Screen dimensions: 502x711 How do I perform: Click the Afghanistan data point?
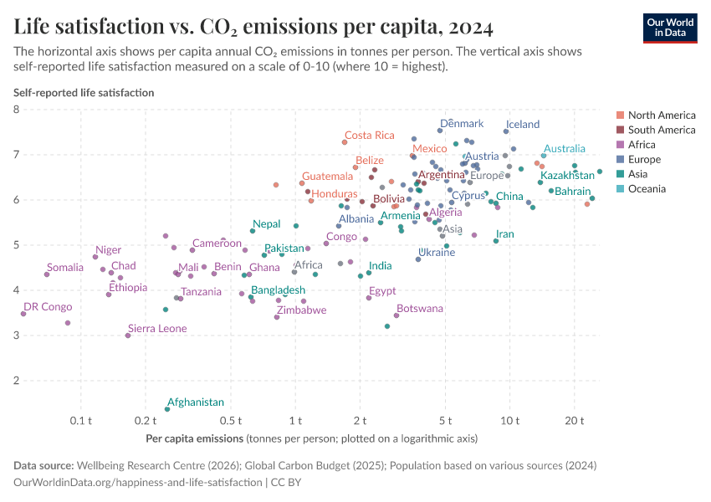click(x=167, y=409)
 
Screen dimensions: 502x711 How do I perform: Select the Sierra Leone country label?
click(x=157, y=329)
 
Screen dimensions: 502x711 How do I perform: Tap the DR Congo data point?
click(x=23, y=314)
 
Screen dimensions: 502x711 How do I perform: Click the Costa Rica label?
click(x=369, y=136)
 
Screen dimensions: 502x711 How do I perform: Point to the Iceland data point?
click(x=506, y=131)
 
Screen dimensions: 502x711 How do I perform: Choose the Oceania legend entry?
click(x=647, y=189)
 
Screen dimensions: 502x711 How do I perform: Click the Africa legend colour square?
click(x=619, y=145)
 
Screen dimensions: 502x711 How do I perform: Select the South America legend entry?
click(x=661, y=130)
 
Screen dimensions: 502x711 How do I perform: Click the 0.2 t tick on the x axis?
click(x=146, y=419)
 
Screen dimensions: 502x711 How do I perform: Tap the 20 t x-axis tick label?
click(x=574, y=419)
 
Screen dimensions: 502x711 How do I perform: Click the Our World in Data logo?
click(x=669, y=28)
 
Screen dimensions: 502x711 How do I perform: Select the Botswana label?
click(x=420, y=309)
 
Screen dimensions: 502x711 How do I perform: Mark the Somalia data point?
click(x=47, y=274)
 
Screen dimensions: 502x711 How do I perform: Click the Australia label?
click(x=565, y=149)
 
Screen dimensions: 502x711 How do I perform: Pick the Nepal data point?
click(x=253, y=231)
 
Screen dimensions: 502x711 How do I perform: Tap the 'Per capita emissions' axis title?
click(x=194, y=438)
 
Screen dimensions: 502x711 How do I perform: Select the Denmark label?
click(x=462, y=124)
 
